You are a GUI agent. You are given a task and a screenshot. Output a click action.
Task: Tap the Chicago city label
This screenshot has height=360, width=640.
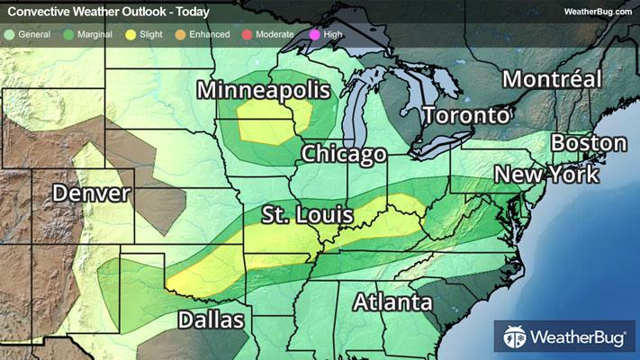(x=344, y=154)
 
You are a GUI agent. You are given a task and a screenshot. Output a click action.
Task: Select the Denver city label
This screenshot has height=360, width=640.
(x=91, y=193)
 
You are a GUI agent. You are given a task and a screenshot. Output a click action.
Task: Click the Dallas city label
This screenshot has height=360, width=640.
(x=211, y=319)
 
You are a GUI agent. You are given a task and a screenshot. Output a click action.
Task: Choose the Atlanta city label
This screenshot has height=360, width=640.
(x=392, y=302)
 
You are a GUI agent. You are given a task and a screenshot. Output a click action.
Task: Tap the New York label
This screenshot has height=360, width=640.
(x=547, y=174)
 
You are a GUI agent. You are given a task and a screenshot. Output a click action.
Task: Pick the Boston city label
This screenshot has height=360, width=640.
(x=589, y=143)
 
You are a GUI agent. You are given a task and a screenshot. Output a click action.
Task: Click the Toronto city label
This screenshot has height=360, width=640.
(x=466, y=116)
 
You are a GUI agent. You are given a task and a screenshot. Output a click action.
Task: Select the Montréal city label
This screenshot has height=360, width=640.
(x=552, y=78)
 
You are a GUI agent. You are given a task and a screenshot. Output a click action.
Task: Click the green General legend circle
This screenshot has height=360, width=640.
(x=10, y=34)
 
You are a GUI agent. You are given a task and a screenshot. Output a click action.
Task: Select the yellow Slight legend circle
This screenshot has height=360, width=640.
(x=131, y=34)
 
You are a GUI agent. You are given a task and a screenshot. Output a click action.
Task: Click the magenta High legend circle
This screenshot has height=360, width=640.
(x=315, y=34)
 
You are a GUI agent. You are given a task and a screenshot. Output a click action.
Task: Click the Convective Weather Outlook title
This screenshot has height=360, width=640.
(x=108, y=12)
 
